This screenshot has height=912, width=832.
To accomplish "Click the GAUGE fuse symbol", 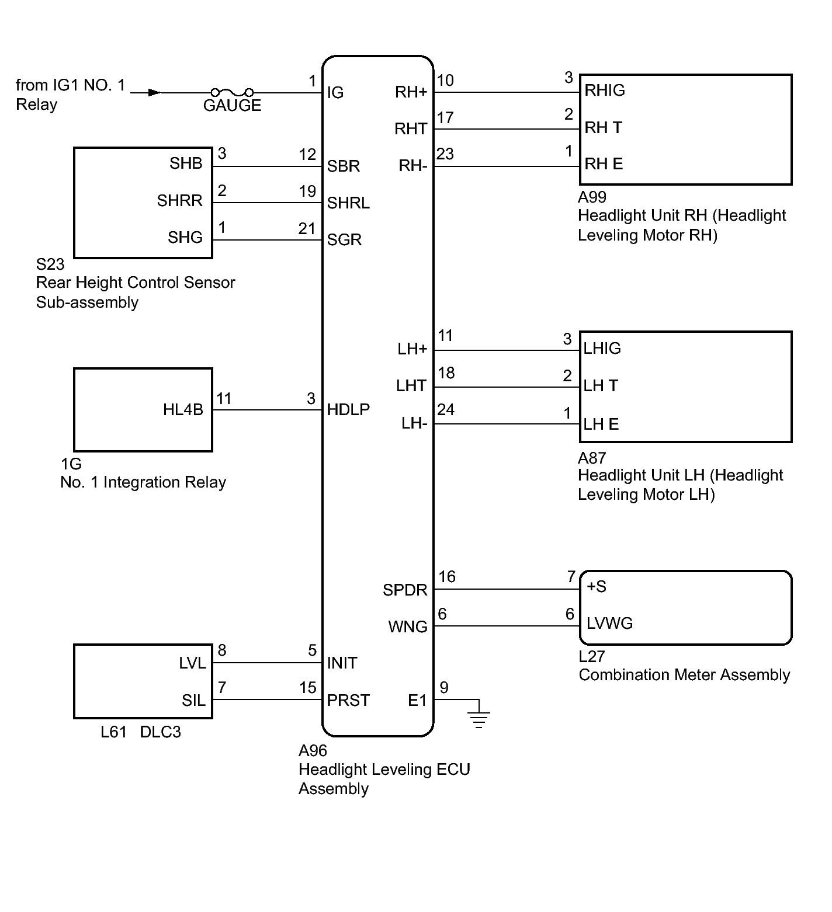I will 232,92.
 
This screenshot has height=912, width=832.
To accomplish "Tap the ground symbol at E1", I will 479,718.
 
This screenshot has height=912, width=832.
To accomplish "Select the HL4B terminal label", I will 183,410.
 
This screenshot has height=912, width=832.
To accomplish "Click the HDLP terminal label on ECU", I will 348,410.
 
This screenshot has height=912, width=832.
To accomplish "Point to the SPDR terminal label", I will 405,590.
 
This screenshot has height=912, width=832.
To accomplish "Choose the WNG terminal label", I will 408,627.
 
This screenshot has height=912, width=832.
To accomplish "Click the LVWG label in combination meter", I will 609,624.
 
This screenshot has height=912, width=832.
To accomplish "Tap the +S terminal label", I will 597,587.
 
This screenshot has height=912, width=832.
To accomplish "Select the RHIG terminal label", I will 605,90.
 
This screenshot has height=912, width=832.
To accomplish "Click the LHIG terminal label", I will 602,349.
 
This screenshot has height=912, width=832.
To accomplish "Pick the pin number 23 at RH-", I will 445,154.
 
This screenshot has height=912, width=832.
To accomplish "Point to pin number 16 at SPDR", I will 447,577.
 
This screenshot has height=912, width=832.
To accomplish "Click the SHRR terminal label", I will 179,201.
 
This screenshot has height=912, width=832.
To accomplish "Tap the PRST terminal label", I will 348,700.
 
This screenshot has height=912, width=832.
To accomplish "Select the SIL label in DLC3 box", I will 193,700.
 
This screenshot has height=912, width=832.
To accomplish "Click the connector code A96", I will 313,751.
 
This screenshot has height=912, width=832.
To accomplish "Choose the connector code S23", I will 50,264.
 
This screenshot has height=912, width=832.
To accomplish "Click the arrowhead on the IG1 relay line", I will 155,92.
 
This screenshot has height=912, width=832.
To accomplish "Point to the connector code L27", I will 591,656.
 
